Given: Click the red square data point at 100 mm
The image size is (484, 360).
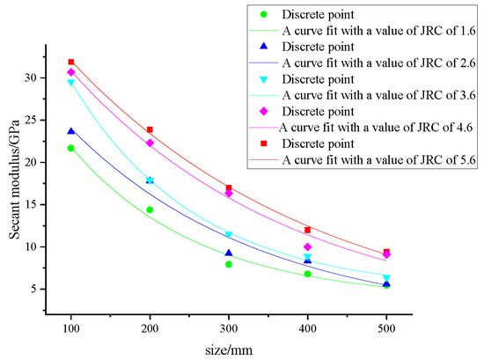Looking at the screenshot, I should (71, 62).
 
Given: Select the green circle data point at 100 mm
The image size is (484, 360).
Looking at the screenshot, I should (71, 148).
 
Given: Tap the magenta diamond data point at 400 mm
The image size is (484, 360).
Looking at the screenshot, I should (307, 247).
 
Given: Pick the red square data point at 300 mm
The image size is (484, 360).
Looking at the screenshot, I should (229, 187).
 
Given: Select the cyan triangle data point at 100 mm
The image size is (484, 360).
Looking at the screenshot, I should (71, 83).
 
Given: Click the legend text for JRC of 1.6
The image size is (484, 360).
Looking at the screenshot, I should (378, 30).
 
